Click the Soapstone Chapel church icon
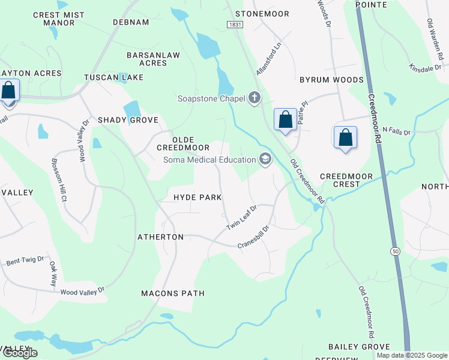tap(255, 98)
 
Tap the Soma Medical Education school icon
tap(265, 159)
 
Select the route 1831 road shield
tap(235, 23)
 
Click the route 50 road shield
tap(394, 250)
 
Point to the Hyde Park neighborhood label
tap(197, 197)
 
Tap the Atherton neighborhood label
tap(160, 237)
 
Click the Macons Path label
tap(172, 293)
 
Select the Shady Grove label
tap(128, 120)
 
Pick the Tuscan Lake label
tap(114, 77)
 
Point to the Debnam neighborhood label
tap(131, 22)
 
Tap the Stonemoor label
tap(262, 13)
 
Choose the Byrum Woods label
tap(331, 80)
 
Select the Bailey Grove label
tap(360, 347)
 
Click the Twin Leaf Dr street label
tap(241, 217)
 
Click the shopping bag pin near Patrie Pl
tap(286, 119)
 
